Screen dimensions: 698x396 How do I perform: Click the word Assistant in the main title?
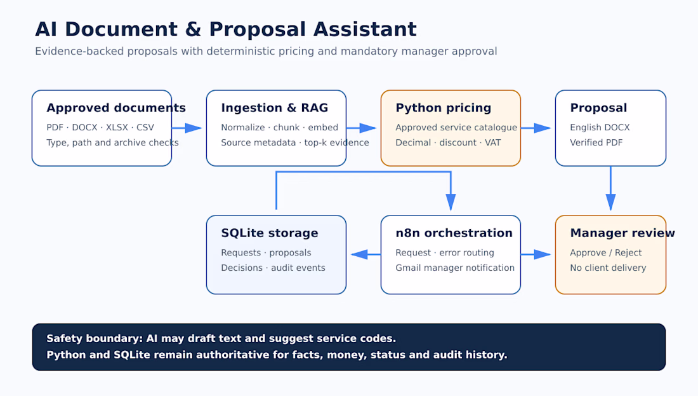[x=365, y=29]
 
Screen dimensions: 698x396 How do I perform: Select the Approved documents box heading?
[x=116, y=108]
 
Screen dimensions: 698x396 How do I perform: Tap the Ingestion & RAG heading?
[x=275, y=108]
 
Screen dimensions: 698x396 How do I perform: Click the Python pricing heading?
[x=444, y=108]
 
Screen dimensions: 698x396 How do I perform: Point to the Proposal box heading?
[x=598, y=108]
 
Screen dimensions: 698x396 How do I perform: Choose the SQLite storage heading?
[x=269, y=233]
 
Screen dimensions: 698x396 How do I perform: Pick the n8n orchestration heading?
[x=454, y=233]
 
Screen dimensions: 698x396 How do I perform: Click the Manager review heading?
[x=622, y=233]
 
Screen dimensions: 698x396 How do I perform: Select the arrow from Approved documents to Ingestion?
[x=187, y=128]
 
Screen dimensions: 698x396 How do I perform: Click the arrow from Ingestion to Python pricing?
[x=362, y=128]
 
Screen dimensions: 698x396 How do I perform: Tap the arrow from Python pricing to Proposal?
[x=536, y=128]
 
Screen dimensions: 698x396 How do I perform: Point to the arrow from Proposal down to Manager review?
[x=610, y=188]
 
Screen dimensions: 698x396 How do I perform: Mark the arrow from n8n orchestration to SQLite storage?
[x=366, y=255]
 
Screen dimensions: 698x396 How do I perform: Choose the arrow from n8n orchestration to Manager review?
[x=536, y=255]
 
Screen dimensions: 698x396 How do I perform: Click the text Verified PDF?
[x=596, y=143]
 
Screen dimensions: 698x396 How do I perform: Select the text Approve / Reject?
[x=606, y=253]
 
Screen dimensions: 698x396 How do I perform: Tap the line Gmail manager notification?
[x=455, y=268]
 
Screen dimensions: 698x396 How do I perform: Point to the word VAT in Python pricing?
[x=492, y=143]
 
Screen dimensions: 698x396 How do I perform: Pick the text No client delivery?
[x=608, y=268]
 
